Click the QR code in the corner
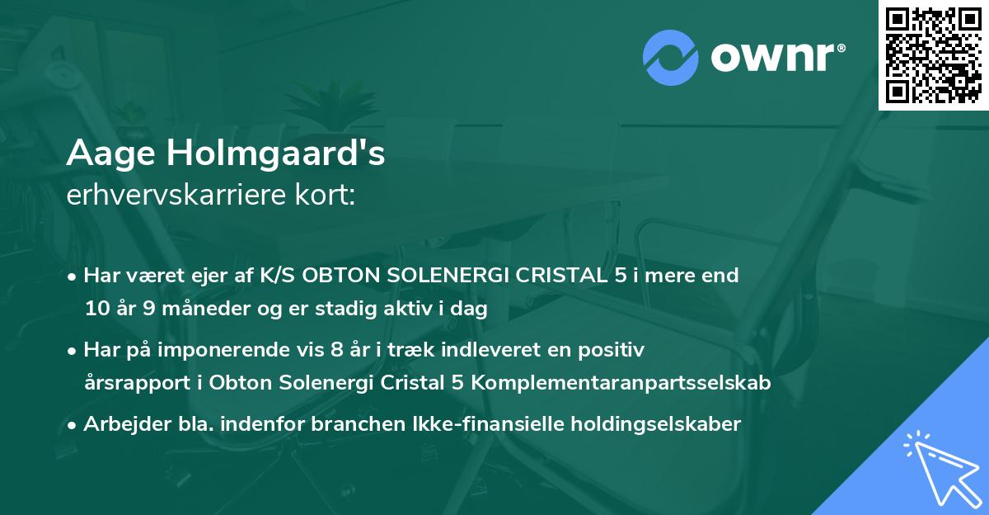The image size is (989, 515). pos(933,55)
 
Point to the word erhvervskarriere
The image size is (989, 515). pos(182,196)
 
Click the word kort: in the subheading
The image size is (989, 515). pos(328,196)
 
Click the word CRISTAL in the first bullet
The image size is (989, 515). pos(557,276)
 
